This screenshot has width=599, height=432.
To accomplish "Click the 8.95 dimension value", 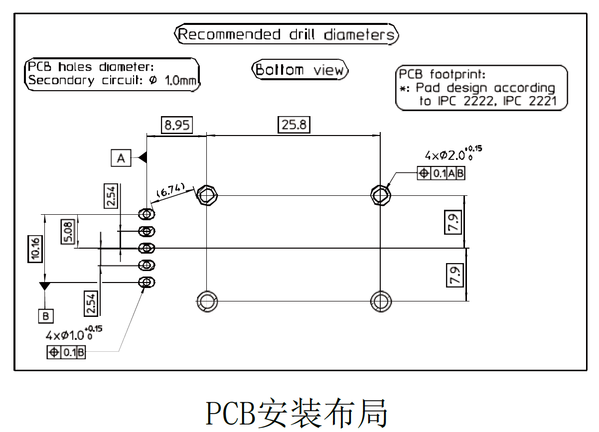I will click(177, 125).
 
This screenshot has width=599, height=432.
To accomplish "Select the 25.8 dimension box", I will click(294, 125).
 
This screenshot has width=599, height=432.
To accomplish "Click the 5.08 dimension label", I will click(68, 232).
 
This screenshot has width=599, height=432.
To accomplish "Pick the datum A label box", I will click(121, 158).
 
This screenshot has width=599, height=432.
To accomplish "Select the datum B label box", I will click(45, 316).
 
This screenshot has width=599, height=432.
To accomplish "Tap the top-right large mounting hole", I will click(381, 194).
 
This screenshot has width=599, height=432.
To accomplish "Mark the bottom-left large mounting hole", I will click(206, 301).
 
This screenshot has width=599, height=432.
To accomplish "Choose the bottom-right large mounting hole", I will click(381, 301).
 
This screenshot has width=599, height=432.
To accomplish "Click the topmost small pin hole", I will click(147, 214).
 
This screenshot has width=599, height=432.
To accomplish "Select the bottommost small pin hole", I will click(147, 282).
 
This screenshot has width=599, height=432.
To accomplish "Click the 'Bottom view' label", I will click(299, 70).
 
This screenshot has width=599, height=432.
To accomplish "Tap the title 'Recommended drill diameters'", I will click(288, 35).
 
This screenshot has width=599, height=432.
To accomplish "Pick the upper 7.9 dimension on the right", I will click(454, 222).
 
